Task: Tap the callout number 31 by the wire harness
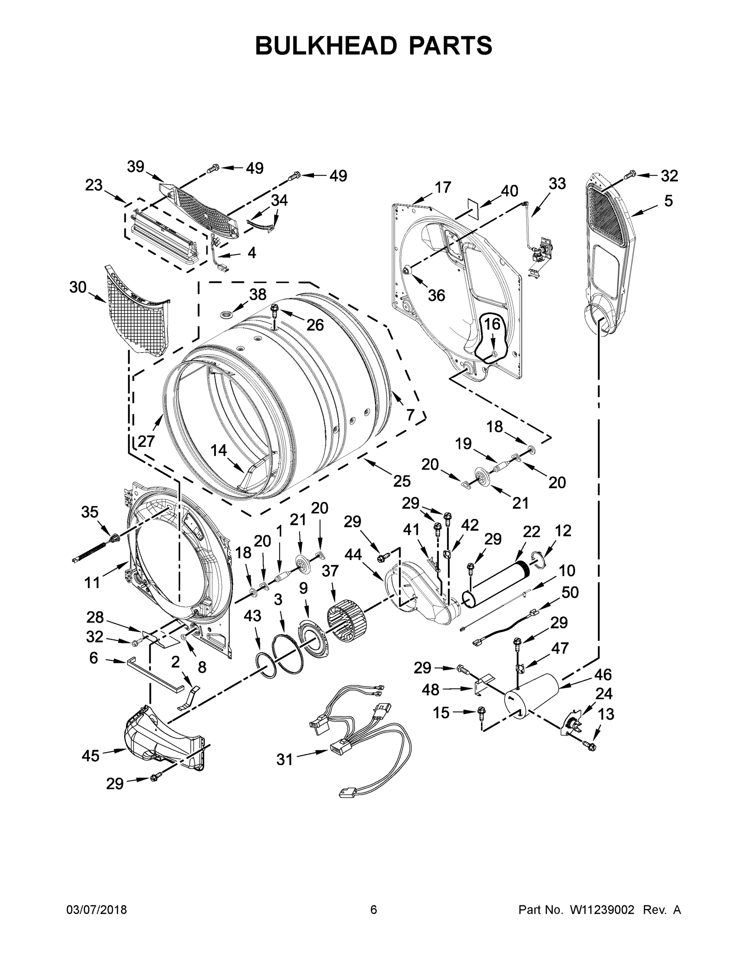point(285,759)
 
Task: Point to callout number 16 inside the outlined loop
point(492,324)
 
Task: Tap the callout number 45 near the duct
point(90,755)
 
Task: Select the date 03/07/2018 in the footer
point(97,910)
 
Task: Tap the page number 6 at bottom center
point(374,910)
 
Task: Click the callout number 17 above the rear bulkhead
point(442,187)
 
